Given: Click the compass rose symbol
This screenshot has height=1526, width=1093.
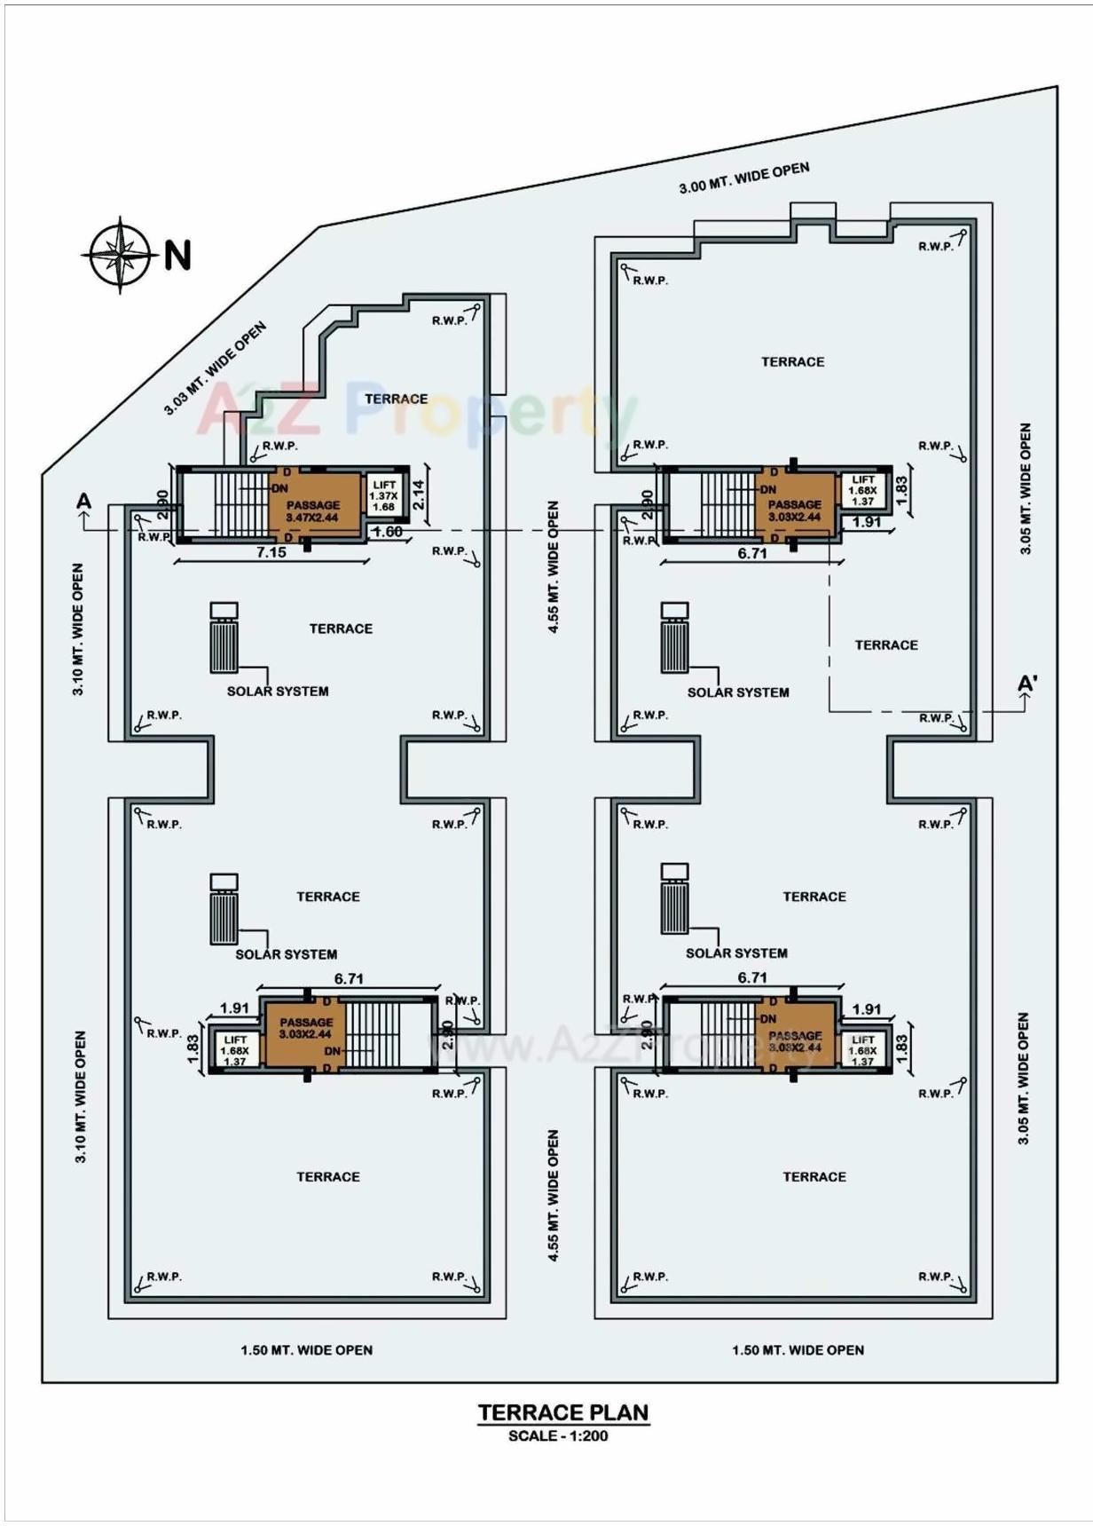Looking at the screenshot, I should pyautogui.click(x=122, y=254).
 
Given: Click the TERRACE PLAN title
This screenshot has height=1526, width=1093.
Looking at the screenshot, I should pyautogui.click(x=563, y=1412).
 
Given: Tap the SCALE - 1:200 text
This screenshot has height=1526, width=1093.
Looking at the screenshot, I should pyautogui.click(x=558, y=1435).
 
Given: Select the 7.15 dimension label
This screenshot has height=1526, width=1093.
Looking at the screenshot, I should pyautogui.click(x=271, y=552).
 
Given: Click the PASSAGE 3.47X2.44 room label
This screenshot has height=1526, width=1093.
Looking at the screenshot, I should pyautogui.click(x=312, y=510).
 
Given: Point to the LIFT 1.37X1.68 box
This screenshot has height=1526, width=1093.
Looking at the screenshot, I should pyautogui.click(x=383, y=495).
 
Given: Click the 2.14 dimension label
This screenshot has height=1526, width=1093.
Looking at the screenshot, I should pyautogui.click(x=419, y=494).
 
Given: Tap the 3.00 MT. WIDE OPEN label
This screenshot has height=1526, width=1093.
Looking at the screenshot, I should pyautogui.click(x=743, y=178).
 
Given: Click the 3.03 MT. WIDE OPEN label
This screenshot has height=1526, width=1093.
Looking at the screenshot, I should pyautogui.click(x=215, y=369).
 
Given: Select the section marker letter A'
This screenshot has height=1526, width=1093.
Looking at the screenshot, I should pyautogui.click(x=1027, y=684).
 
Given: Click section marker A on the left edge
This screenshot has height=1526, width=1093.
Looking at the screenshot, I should pyautogui.click(x=84, y=502).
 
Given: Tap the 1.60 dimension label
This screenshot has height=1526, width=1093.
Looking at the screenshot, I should pyautogui.click(x=388, y=532).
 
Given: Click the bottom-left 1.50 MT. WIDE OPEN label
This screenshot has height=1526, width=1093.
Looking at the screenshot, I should pyautogui.click(x=306, y=1349).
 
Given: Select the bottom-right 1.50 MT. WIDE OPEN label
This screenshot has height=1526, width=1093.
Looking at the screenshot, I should pyautogui.click(x=798, y=1349).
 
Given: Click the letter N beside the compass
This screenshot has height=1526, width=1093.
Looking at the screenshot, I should pyautogui.click(x=177, y=256).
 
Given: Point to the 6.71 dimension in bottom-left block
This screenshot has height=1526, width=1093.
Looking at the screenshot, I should pyautogui.click(x=349, y=978).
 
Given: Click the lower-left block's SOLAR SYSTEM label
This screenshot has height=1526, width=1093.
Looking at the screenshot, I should pyautogui.click(x=286, y=954).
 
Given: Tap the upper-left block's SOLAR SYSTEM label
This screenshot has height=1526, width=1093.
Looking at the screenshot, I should pyautogui.click(x=278, y=691).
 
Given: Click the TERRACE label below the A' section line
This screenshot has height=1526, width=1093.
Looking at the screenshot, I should pyautogui.click(x=886, y=644).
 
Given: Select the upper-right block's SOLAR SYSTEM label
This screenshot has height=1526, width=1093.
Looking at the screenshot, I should pyautogui.click(x=738, y=692).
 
